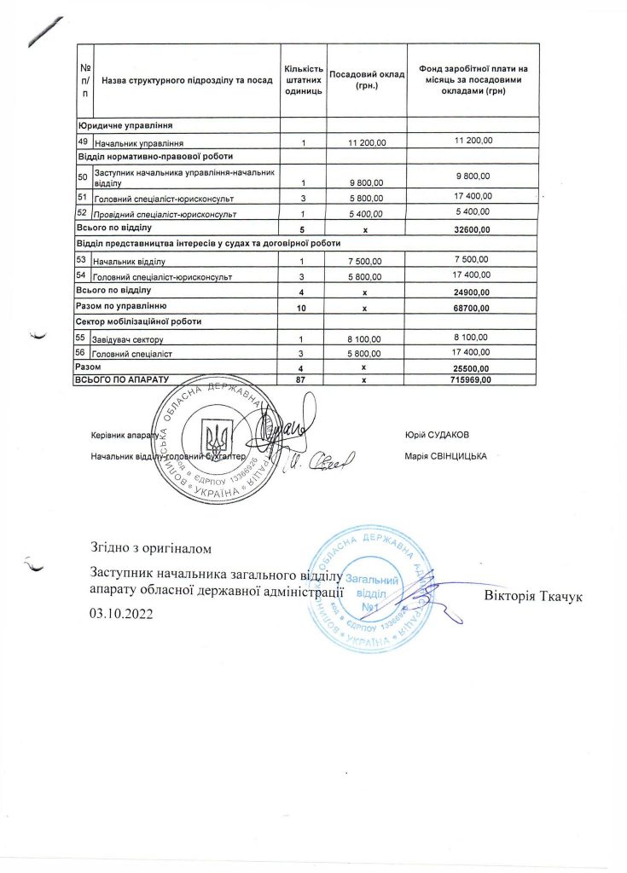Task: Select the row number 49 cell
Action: click(83, 141)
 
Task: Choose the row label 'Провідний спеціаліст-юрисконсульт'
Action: click(164, 213)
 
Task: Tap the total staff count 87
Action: click(300, 379)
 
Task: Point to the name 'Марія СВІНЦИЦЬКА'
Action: click(446, 456)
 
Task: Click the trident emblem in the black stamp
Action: click(217, 440)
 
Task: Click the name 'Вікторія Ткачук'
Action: click(532, 593)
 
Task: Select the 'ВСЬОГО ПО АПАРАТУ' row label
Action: click(123, 379)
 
